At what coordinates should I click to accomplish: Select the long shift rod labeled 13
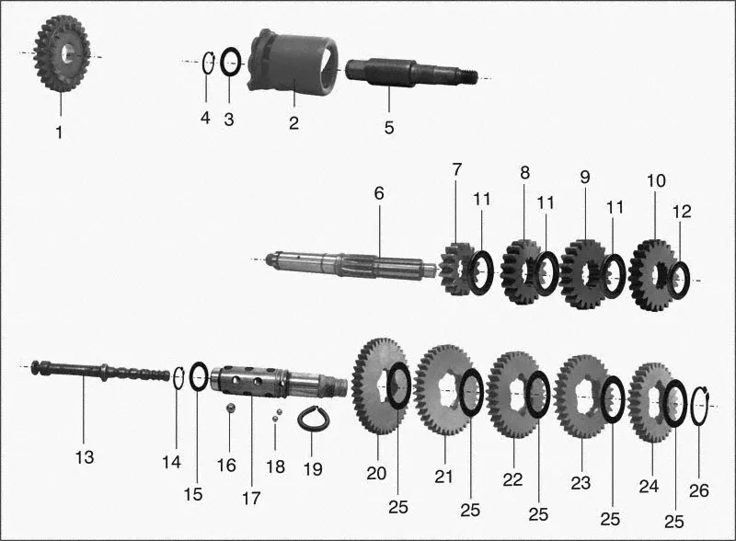100,371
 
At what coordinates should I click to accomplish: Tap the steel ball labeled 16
230,408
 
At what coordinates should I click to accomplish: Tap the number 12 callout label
682,212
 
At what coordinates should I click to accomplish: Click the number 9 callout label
584,178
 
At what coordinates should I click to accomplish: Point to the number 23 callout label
581,483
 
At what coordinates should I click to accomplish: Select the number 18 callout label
275,466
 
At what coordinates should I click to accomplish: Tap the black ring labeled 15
199,375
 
